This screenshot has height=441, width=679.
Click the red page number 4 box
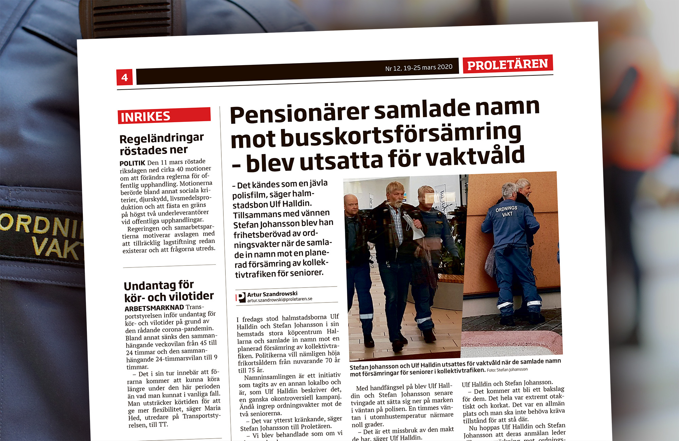click(124, 77)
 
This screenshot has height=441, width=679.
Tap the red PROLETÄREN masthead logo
click(507, 64)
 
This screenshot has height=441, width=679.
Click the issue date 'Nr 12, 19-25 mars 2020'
click(419, 68)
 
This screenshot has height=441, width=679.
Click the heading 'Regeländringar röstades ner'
click(162, 144)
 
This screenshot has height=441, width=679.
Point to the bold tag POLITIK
click(132, 163)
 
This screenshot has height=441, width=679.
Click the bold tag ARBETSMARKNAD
click(154, 308)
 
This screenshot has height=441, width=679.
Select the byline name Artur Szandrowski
click(272, 294)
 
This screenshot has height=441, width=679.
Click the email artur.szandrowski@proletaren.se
click(280, 299)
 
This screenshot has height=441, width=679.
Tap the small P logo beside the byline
click(241, 297)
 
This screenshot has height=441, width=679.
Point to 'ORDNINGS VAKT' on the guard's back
click(507, 211)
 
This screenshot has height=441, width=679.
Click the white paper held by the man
click(414, 226)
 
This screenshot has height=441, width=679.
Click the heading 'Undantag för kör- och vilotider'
click(168, 291)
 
